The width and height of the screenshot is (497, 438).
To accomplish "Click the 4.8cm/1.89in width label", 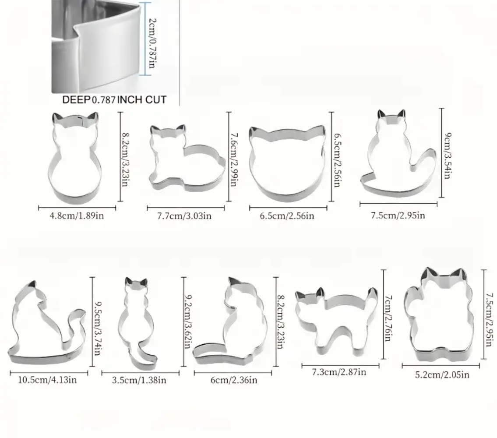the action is [x=77, y=215].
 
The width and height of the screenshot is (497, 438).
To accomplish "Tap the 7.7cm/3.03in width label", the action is [x=184, y=215].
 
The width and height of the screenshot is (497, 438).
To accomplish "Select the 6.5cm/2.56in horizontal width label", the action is [x=287, y=215].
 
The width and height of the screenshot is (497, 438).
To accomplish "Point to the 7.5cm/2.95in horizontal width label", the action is [x=398, y=215].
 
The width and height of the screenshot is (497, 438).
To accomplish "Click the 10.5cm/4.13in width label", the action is [x=47, y=380].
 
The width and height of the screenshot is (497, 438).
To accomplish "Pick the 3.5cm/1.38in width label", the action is [x=139, y=380].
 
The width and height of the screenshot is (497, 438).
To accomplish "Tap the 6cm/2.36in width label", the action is [x=234, y=380].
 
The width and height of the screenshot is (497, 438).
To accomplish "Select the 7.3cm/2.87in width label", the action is [x=339, y=372].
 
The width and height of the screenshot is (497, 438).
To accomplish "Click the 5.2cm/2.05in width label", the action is [x=442, y=374].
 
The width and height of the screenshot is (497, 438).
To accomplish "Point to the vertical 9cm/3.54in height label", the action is [x=447, y=155].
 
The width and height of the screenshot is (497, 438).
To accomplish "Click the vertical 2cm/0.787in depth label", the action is [x=152, y=43].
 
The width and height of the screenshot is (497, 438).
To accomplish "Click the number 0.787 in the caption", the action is [x=104, y=100].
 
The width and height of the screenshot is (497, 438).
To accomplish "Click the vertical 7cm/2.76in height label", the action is [x=388, y=318].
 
